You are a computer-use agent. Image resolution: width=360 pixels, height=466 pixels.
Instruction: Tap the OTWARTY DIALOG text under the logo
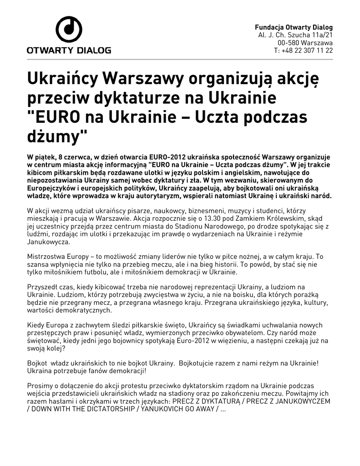[x=69, y=50]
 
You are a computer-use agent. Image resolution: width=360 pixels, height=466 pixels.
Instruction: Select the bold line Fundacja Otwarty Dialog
[x=294, y=27]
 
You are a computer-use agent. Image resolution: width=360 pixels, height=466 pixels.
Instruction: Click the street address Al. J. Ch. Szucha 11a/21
[x=295, y=35]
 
